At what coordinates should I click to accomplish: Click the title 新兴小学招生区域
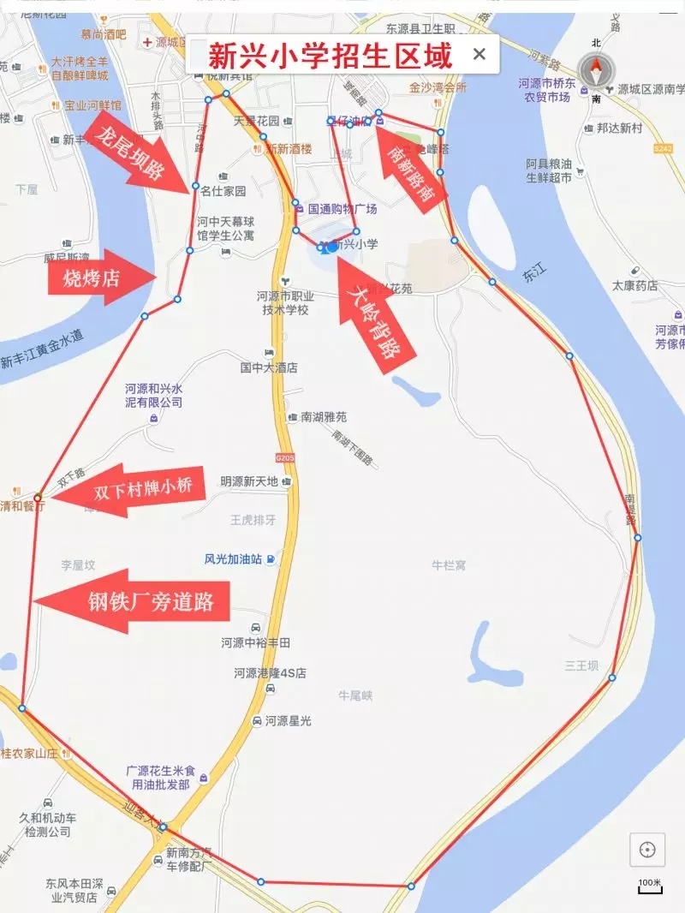pos(330,56)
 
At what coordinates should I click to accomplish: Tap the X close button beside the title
pos(479,55)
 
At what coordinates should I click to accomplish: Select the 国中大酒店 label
pos(269,367)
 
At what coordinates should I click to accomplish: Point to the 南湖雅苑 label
pos(324,417)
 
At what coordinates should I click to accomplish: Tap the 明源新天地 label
pos(249,481)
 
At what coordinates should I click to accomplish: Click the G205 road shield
pos(285,459)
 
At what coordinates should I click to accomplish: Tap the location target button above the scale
pos(647,850)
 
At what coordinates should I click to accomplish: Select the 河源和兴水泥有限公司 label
pos(154,394)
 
